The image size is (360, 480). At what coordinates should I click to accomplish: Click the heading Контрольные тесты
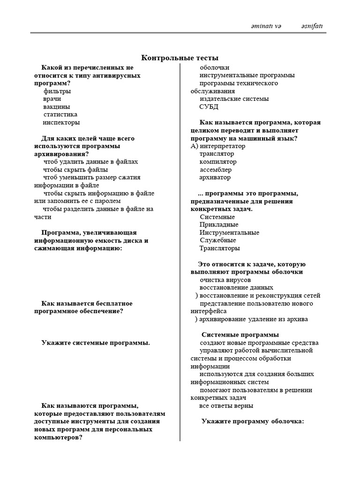tap(180, 58)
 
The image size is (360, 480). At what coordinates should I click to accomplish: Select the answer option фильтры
tap(57, 91)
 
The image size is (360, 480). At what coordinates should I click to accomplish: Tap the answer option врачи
tap(52, 99)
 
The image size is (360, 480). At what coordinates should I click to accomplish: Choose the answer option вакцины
tap(57, 107)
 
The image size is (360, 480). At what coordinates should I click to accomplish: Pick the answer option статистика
tap(60, 114)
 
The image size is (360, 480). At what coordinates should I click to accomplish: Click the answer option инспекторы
tap(61, 122)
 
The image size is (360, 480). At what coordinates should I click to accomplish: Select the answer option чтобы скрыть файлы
tap(75, 170)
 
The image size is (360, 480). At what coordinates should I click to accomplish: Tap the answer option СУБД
tap(209, 107)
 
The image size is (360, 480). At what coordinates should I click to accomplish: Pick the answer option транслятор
tap(217, 154)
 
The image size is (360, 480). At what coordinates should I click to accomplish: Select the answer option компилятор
tap(218, 162)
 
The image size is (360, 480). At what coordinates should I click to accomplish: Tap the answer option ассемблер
tap(215, 170)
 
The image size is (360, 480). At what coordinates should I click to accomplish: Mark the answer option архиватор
tap(215, 178)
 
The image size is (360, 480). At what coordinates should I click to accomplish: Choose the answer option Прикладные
tap(218, 225)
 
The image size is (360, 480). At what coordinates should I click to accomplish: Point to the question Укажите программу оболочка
tap(253, 421)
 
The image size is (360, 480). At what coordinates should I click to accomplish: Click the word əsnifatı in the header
tap(312, 26)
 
